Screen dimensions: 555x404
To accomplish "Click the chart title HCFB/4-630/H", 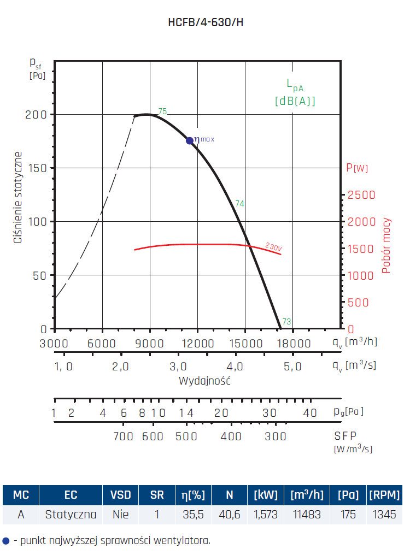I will tap(202, 22).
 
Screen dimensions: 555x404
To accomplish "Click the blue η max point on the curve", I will tap(190, 140).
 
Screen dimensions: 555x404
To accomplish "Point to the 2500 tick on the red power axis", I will tap(361, 195).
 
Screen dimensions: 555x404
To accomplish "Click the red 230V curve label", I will tap(273, 246).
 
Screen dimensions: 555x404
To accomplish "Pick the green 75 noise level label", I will tap(162, 111).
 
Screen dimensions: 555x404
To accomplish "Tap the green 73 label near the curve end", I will tap(286, 321).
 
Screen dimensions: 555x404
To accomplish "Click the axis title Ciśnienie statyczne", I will tap(18, 197).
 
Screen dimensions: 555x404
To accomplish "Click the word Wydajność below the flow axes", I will tap(204, 381).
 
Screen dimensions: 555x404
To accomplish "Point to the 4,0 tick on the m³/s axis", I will tap(235, 367).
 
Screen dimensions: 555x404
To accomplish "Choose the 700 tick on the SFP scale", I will tap(124, 436).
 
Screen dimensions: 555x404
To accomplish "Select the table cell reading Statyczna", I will tap(71, 514).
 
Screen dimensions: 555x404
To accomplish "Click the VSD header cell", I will tap(121, 495).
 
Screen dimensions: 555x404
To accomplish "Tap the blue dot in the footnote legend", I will tap(6, 540).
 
